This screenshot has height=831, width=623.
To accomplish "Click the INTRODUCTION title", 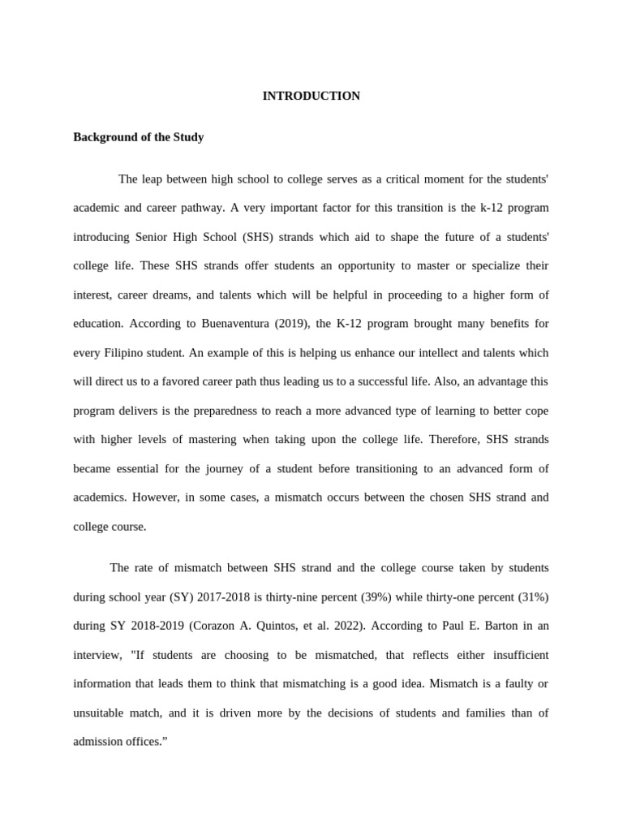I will pos(311,96).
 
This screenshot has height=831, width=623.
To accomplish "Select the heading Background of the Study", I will pos(138,137).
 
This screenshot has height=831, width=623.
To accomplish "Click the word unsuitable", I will pos(101,713).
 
